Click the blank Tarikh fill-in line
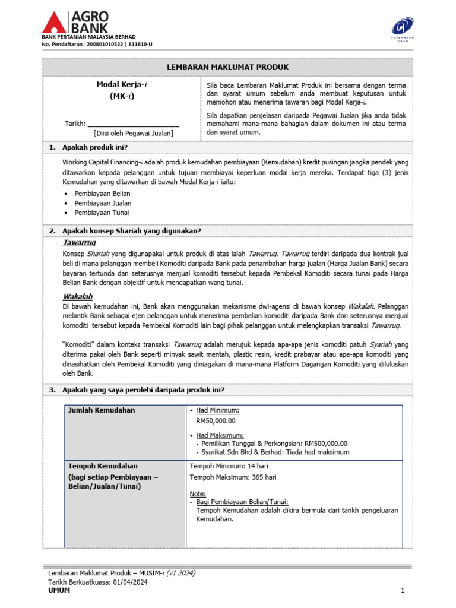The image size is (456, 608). (x=134, y=123)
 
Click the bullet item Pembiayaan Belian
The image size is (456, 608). (x=102, y=194)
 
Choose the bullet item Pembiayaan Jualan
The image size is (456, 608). (x=103, y=203)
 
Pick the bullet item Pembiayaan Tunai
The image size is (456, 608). (x=102, y=213)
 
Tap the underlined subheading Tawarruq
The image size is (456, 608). (x=80, y=243)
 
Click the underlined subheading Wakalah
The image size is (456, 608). (x=78, y=296)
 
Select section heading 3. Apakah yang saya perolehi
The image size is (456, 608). (x=143, y=390)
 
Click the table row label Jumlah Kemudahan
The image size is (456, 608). (x=102, y=410)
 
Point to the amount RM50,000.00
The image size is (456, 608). (x=216, y=420)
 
